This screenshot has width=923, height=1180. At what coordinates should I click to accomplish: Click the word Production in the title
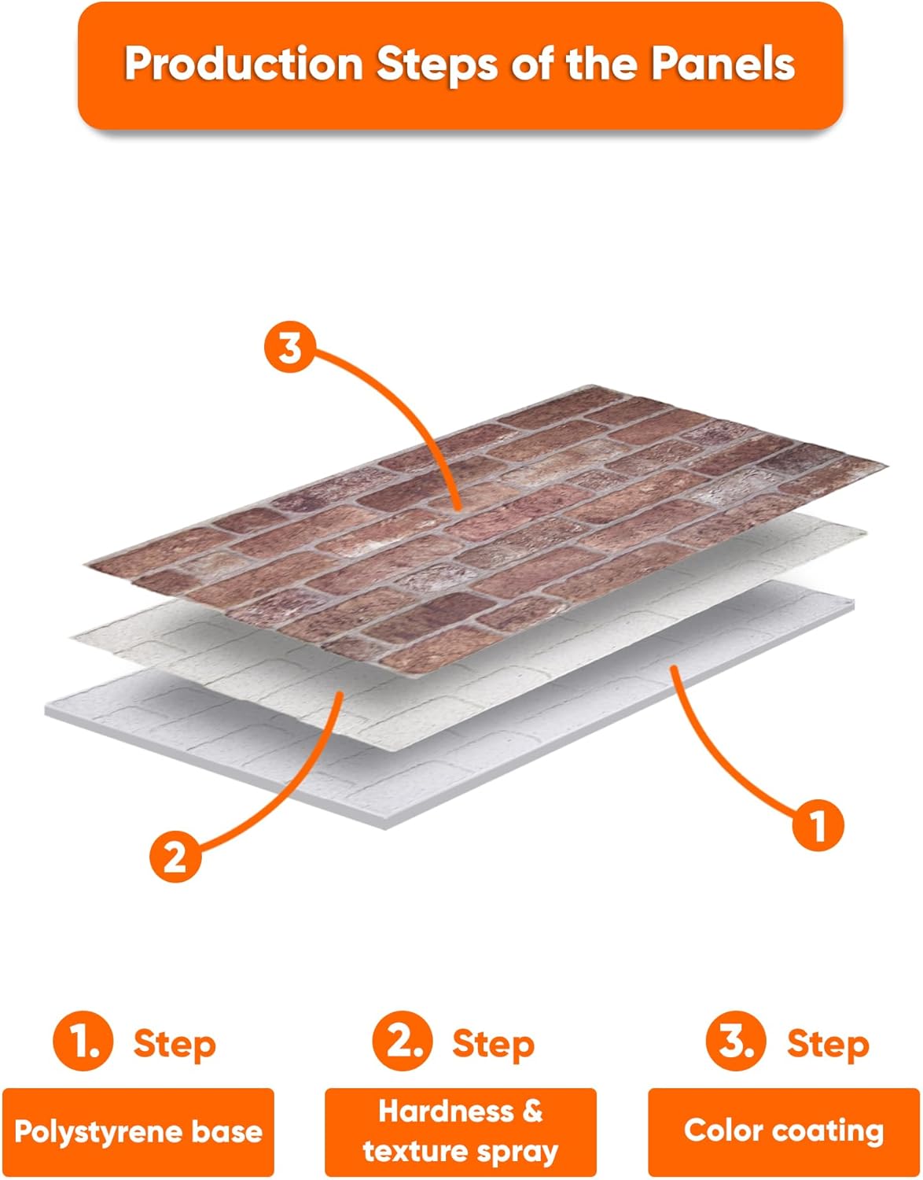244,65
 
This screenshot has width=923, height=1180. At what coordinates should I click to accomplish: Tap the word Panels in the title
723,64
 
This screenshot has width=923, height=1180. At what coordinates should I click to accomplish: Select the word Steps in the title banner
437,65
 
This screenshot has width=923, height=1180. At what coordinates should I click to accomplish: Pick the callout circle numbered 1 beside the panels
818,824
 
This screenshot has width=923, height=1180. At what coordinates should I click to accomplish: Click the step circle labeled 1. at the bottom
83,1040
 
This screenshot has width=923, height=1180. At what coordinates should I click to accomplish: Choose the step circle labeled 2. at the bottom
403,1040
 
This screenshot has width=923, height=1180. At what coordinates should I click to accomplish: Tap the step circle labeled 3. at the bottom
736,1040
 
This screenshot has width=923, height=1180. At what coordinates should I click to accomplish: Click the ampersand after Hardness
531,1112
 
